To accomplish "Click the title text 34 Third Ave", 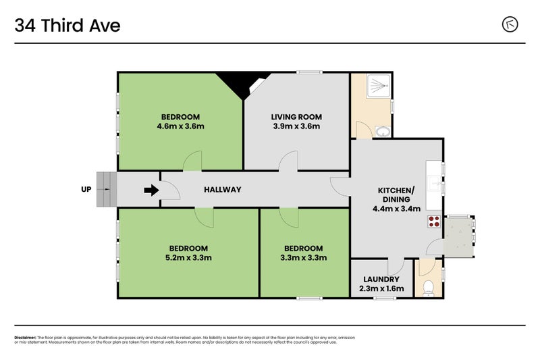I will pos(67,26).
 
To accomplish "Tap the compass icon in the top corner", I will pos(510,24).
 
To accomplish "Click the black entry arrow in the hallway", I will pos(151,190).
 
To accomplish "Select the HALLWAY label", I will pos(222,190).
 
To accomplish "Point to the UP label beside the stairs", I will pos(86,190).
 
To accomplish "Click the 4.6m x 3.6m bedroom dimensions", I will pos(180,126).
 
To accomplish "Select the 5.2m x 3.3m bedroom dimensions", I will pos(189,257).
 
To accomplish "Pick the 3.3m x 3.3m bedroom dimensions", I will pos(303,257).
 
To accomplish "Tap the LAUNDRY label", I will pos(381,279).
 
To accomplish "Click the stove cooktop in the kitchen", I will pos(433,222).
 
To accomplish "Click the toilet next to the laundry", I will pos(427,288).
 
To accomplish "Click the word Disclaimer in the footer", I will pos(25,337).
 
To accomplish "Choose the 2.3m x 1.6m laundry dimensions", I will pos(381,288).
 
